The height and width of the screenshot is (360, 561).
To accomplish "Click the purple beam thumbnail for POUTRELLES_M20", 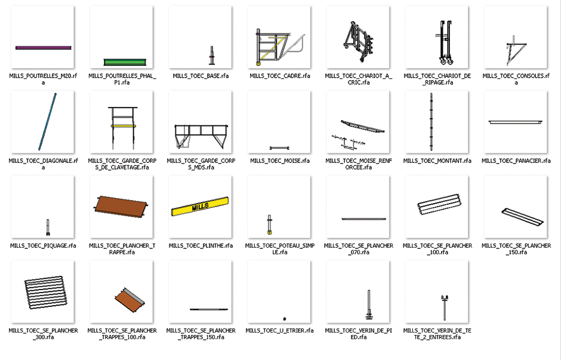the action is click(44, 48).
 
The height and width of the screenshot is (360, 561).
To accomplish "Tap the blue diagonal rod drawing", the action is click(47, 122).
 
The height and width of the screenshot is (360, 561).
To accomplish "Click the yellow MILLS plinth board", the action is click(200, 206).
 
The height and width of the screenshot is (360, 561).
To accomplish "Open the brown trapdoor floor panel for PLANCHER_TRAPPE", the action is click(121, 206).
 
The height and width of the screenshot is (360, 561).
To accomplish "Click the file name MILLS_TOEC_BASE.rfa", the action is click(201, 76).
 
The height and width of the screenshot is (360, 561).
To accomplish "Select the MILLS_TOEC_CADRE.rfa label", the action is click(280, 76).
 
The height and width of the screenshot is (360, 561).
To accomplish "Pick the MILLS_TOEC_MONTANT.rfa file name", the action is click(437, 161).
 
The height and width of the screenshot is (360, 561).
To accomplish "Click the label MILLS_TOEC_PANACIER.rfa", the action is click(516, 161).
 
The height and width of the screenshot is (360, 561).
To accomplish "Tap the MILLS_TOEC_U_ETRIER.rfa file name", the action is click(279, 330).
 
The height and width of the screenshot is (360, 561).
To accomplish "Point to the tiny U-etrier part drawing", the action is click(285, 318).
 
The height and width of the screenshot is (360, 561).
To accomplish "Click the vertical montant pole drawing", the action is click(431, 122).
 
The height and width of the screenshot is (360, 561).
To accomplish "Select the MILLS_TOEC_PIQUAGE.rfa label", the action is click(43, 245).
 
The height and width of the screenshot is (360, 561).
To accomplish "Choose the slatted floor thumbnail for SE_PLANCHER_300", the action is click(46, 292).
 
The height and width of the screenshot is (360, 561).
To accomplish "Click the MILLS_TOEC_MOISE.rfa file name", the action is click(280, 161).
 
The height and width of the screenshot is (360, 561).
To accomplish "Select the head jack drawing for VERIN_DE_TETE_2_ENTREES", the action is click(445, 307).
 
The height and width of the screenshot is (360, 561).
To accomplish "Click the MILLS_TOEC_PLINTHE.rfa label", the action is click(201, 245).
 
